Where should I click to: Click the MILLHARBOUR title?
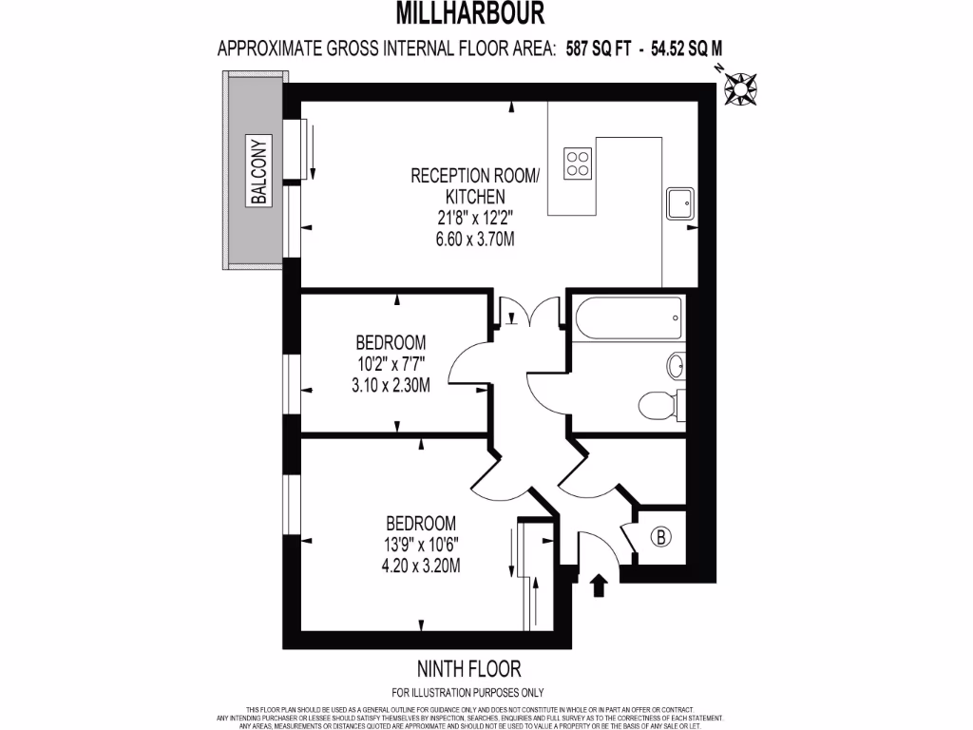click(x=470, y=13)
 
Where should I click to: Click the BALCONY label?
click(x=259, y=171)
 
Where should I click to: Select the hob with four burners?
click(x=578, y=163)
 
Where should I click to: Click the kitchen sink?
click(x=680, y=202)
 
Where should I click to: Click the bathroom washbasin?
click(x=677, y=366)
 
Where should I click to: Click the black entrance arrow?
click(x=599, y=584)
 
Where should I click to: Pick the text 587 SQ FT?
click(x=599, y=48)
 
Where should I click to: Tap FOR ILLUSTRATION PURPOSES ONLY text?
click(x=468, y=693)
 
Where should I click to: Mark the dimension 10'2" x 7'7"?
click(x=391, y=364)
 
